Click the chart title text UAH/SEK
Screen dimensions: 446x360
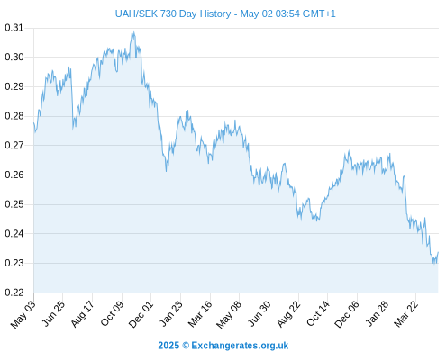coord(137,13)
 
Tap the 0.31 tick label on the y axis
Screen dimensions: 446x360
coord(14,28)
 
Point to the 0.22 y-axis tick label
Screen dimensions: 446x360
coord(14,292)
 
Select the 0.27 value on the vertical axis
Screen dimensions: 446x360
coord(14,146)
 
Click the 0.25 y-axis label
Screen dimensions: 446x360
coord(14,204)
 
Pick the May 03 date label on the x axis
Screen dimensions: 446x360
coord(23,314)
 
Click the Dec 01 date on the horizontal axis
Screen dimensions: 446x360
coord(141,314)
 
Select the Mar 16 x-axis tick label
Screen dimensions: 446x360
coord(200,314)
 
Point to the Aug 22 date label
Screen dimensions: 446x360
coord(288,314)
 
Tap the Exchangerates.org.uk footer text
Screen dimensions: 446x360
coord(240,346)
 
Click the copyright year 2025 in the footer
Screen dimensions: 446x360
coord(168,346)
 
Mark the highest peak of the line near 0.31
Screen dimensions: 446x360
coord(133,31)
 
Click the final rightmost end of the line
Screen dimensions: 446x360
coord(438,252)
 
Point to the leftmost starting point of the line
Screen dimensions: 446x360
coord(34,122)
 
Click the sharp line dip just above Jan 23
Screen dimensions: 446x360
coord(166,171)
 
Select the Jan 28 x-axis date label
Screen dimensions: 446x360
coord(378,314)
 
